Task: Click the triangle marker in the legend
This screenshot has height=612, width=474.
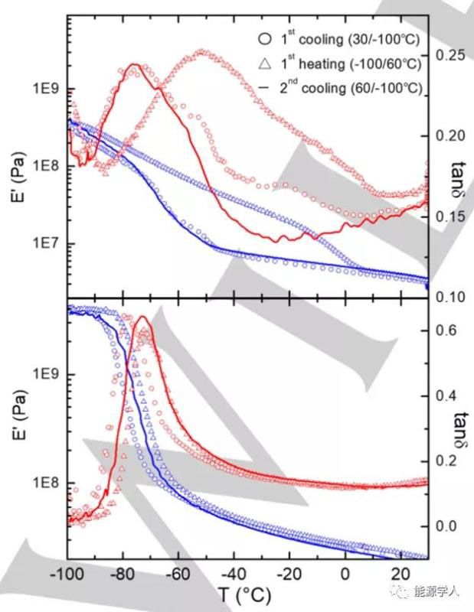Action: coord(263,63)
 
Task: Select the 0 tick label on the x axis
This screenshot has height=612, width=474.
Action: coord(345,575)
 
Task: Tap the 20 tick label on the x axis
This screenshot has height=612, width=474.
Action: coord(400,575)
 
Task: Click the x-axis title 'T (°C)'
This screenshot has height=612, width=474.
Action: coord(243,595)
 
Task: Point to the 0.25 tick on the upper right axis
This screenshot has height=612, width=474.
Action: coord(448,55)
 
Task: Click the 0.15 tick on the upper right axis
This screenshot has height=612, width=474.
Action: coord(448,216)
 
